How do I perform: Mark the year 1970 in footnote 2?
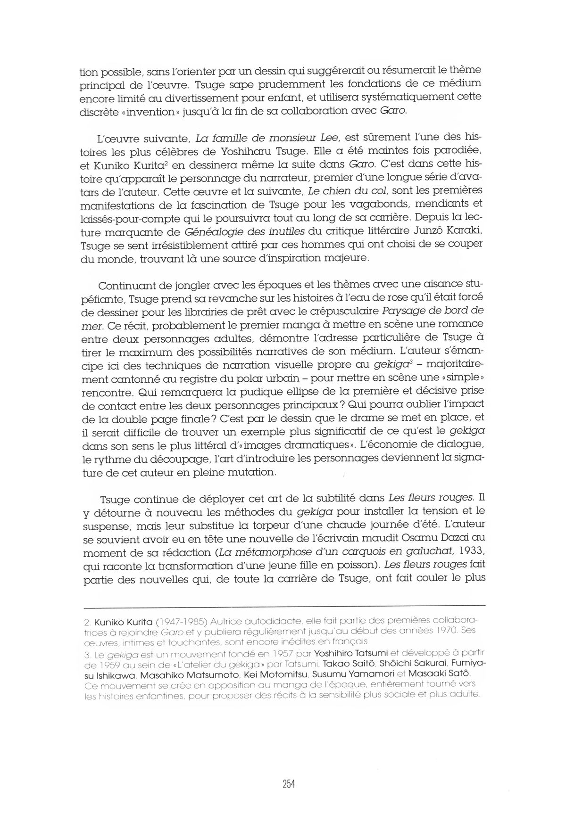tap(438, 631)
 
